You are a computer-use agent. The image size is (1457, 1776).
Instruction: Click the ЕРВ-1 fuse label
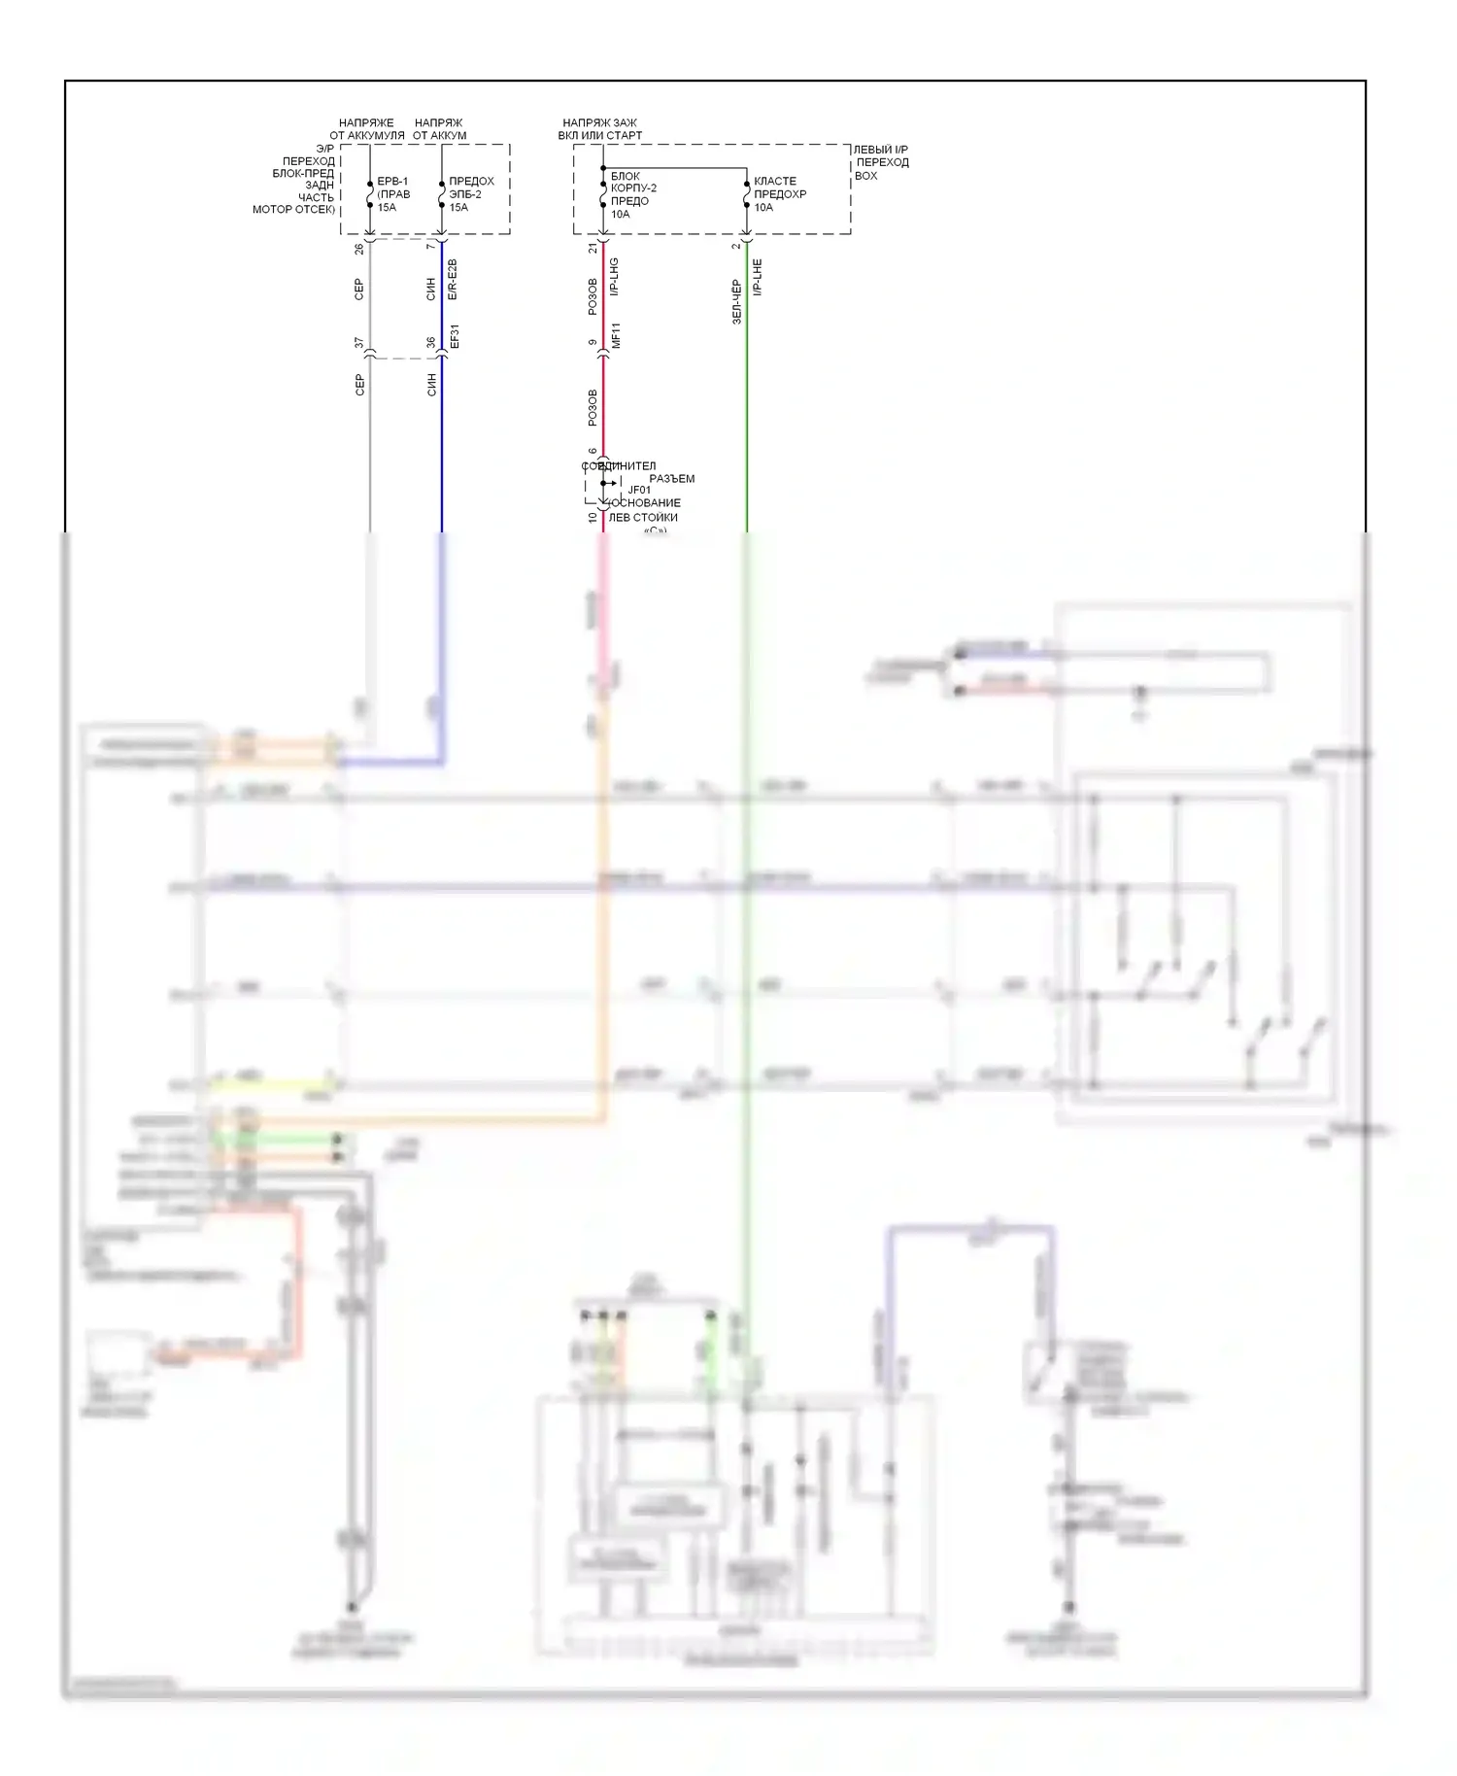click(x=391, y=182)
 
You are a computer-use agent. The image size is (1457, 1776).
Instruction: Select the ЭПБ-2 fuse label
click(x=465, y=194)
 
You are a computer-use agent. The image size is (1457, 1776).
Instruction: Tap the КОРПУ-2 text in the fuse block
click(x=633, y=188)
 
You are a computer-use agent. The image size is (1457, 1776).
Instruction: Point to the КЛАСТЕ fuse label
click(x=774, y=182)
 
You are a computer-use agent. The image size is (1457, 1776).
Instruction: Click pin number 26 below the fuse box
click(x=359, y=249)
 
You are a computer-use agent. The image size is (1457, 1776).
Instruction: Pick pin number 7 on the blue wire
click(x=431, y=247)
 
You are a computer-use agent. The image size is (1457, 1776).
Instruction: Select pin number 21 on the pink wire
click(x=593, y=249)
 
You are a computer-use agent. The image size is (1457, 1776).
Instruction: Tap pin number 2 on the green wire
click(x=736, y=246)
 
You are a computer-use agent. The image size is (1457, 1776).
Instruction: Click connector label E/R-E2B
click(x=453, y=279)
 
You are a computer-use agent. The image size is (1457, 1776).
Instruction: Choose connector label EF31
click(x=454, y=337)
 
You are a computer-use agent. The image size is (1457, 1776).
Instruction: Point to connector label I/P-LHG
click(x=615, y=277)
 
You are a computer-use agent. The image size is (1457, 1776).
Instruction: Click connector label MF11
click(x=615, y=336)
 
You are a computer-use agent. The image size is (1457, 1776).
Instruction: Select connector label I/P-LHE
click(x=758, y=277)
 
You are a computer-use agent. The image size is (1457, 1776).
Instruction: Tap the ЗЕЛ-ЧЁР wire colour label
click(x=736, y=301)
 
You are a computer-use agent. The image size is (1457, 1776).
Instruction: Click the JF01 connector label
click(x=639, y=491)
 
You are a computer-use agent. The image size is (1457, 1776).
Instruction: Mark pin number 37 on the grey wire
click(x=359, y=343)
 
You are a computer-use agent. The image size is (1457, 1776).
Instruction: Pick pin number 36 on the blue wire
click(x=431, y=343)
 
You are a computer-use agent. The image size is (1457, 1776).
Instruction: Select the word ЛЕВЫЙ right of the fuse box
click(x=871, y=150)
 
